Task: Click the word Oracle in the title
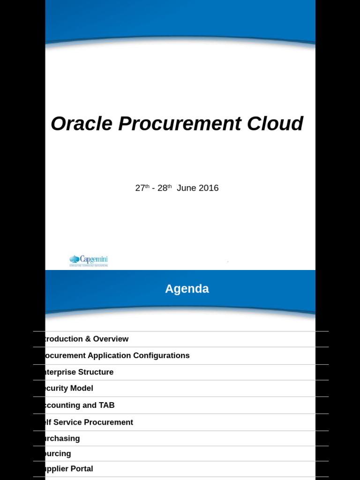(81, 124)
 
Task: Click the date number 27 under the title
(140, 188)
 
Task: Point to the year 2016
(209, 188)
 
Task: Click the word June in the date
(187, 188)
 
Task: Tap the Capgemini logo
(89, 260)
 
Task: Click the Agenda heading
(187, 289)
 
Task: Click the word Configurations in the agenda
(161, 355)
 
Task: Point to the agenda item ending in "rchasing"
(60, 439)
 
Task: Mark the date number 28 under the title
(162, 188)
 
